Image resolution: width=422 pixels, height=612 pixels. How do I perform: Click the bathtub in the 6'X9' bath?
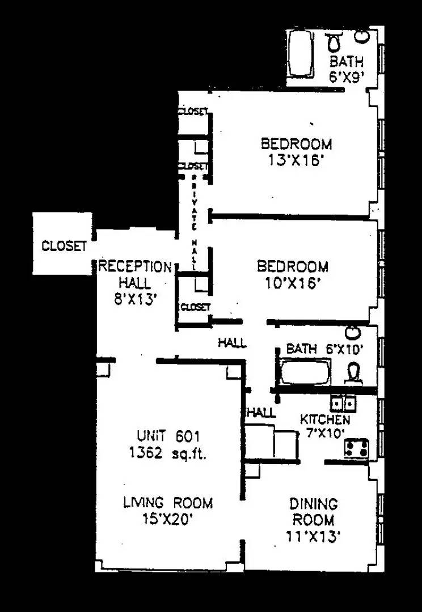[301, 54]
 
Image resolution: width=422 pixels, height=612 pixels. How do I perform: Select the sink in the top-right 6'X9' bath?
[361, 37]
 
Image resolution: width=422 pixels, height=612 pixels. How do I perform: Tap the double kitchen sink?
[344, 403]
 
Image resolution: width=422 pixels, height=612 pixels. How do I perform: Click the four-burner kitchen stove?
[357, 448]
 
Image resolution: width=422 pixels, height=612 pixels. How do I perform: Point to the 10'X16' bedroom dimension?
[293, 282]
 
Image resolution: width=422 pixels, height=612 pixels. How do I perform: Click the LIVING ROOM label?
[168, 503]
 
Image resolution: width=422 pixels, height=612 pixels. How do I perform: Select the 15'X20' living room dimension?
[168, 519]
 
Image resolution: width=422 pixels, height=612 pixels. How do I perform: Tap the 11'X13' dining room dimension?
[314, 535]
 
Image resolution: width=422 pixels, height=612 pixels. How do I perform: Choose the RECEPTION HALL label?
[135, 274]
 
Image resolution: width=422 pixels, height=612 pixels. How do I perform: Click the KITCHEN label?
[325, 420]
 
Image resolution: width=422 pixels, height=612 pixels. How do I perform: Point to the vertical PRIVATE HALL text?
[194, 221]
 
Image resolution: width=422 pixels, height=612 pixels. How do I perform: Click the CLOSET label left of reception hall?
[64, 246]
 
